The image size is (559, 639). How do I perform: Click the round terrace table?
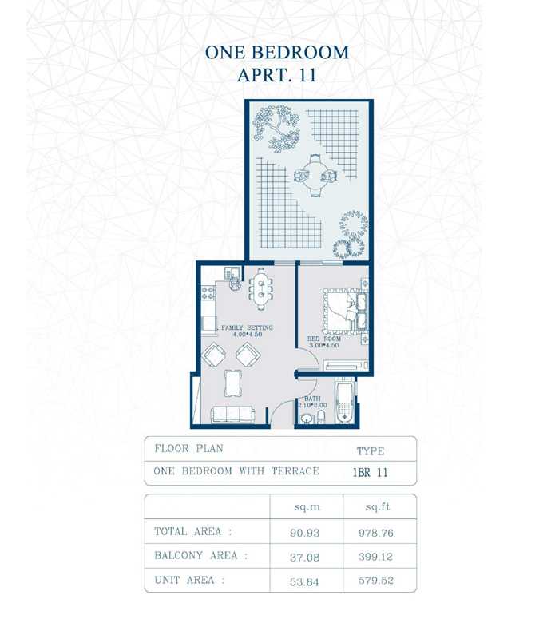315,176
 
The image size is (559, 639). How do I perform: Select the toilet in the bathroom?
321,417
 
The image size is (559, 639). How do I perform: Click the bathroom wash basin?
307,419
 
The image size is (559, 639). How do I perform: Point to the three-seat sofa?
232,415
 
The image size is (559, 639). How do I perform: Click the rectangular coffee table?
232,383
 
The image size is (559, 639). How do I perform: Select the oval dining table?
260,289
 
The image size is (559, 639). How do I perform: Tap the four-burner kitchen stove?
208,292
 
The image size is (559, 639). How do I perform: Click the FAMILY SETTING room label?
247,327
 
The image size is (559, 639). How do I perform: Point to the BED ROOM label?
324,339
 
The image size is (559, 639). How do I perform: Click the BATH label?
312,398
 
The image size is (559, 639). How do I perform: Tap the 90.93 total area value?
305,533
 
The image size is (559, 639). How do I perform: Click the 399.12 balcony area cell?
375,557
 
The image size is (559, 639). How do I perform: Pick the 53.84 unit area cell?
304,581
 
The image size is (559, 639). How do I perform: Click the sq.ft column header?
377,507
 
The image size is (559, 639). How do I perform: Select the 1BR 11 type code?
370,472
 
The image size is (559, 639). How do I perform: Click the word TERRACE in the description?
295,471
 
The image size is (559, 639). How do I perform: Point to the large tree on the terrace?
276,128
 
